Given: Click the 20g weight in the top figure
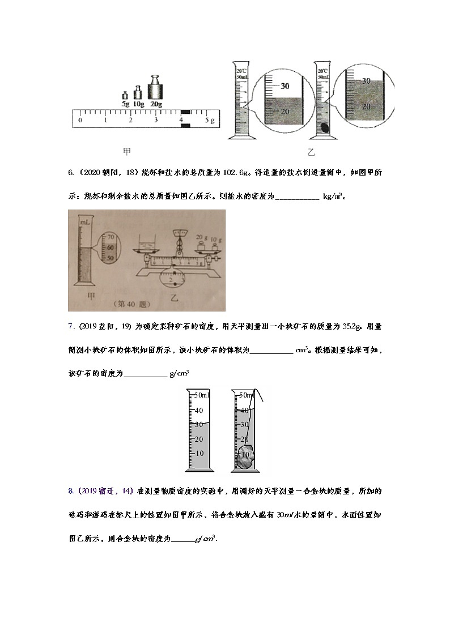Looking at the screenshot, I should [156, 88].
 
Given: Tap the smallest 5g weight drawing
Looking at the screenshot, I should [125, 96].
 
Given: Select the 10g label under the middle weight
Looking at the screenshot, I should [137, 105].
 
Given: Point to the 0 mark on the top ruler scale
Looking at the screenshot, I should [80, 120].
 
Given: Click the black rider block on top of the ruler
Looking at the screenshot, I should [185, 113].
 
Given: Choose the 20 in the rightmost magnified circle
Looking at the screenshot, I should [366, 106].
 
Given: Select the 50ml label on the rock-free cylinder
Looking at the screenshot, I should [202, 395].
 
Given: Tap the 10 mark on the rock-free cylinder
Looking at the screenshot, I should [199, 454].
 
